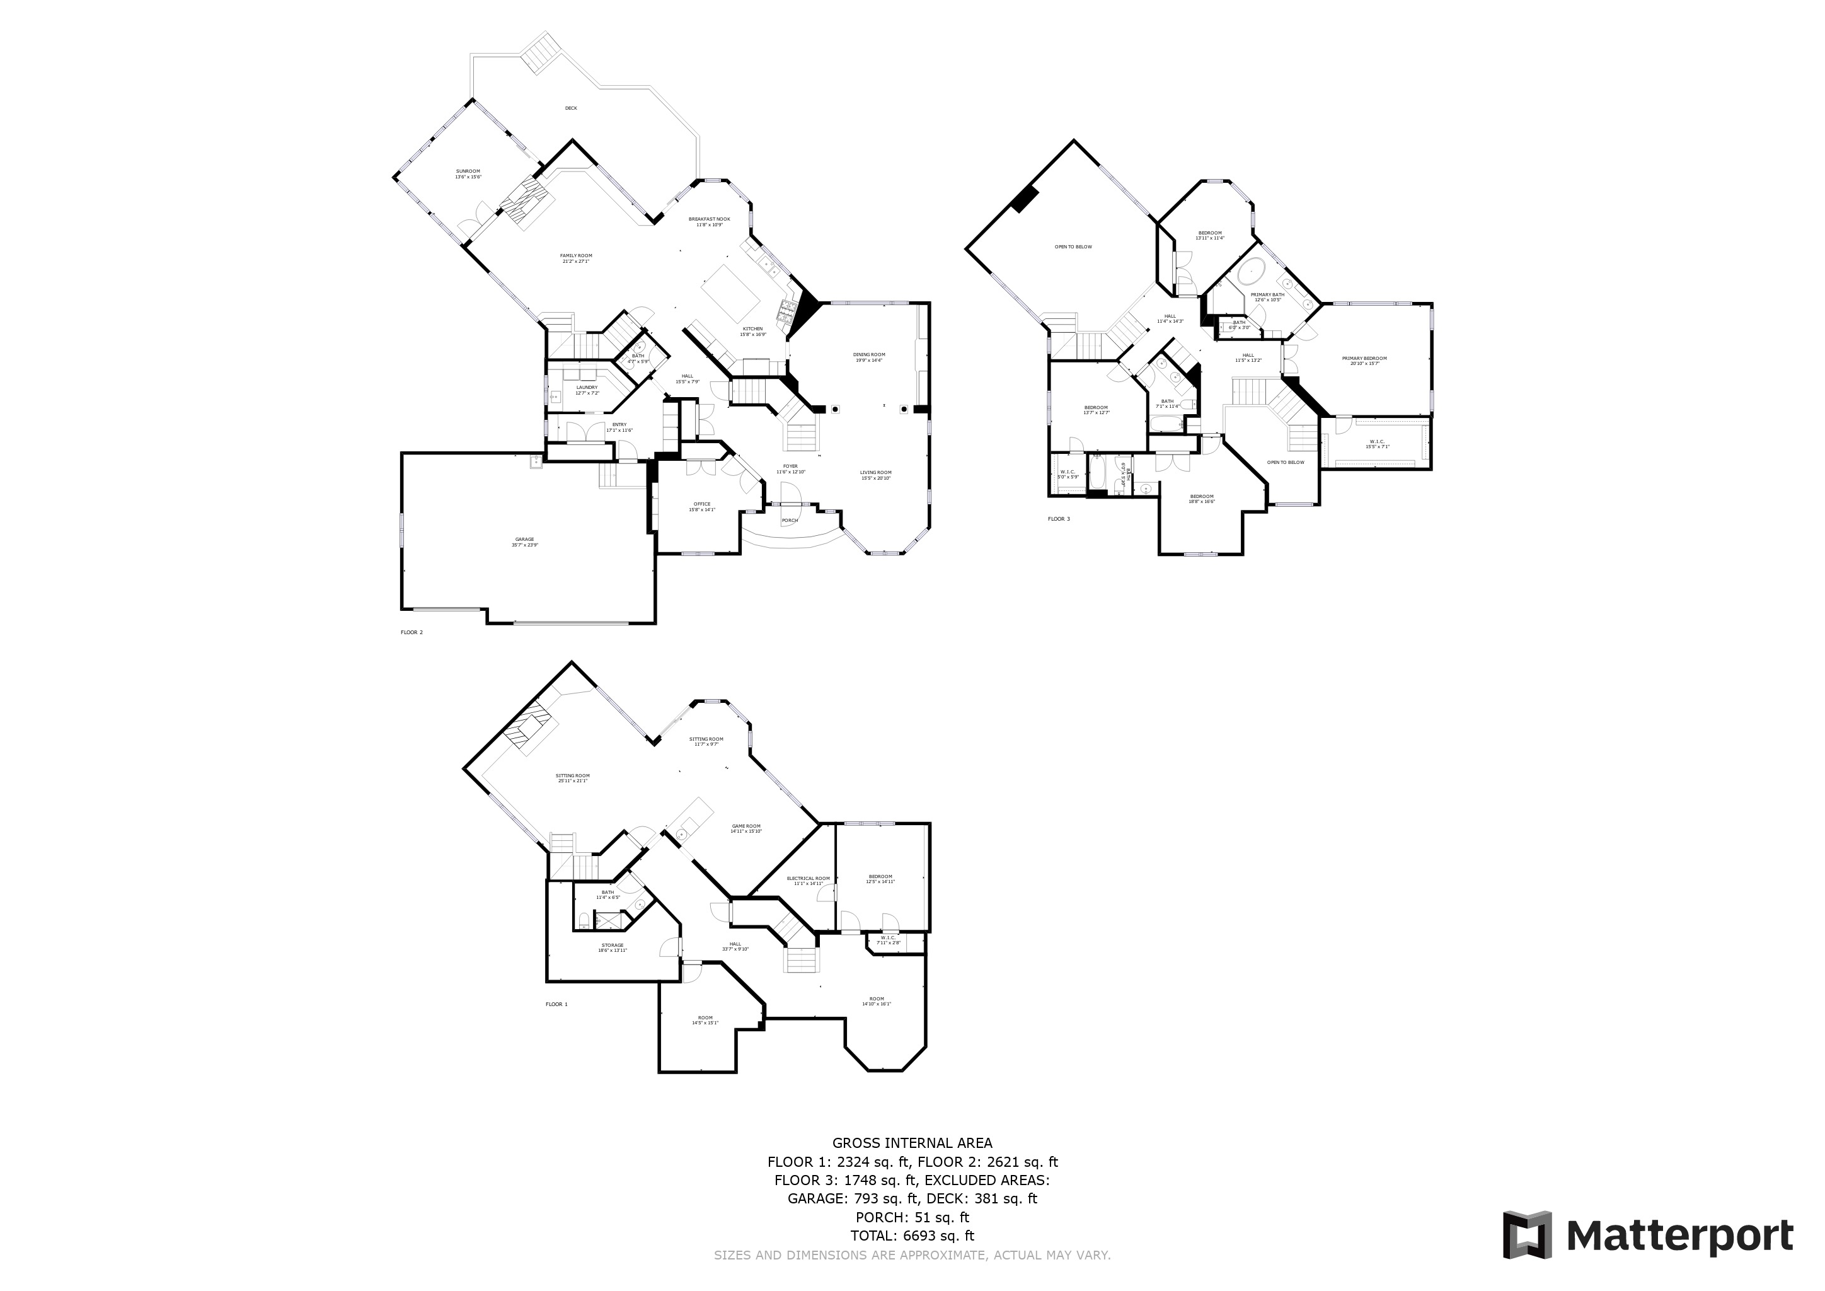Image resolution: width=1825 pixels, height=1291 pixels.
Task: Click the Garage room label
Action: click(x=524, y=541)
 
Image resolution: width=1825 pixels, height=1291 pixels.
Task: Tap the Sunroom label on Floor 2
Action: click(x=468, y=173)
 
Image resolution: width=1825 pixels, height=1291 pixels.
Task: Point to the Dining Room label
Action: click(x=869, y=357)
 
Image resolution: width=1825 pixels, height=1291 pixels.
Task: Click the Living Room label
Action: click(x=875, y=475)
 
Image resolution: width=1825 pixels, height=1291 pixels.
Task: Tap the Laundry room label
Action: click(x=587, y=390)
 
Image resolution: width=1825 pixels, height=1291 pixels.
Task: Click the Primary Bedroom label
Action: click(x=1364, y=360)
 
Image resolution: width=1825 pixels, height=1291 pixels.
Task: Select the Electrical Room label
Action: click(x=809, y=881)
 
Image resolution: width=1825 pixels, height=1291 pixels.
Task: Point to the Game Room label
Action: click(x=746, y=828)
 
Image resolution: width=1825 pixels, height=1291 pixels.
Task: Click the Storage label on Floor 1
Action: click(x=612, y=947)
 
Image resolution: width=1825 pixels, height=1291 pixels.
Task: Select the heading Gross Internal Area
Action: click(x=912, y=1143)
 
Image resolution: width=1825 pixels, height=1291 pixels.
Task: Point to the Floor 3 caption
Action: click(x=1058, y=519)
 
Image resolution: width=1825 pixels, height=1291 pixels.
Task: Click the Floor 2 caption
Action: click(x=411, y=632)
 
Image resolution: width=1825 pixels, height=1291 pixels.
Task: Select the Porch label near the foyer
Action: click(x=789, y=521)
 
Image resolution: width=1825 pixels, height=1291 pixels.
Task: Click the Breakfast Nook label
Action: click(x=709, y=222)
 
